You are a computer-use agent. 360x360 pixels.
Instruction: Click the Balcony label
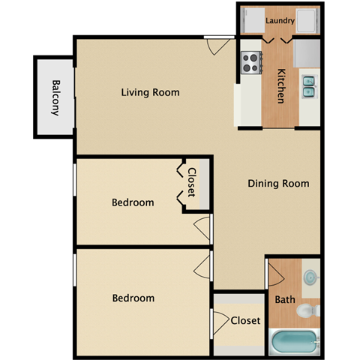click(55, 97)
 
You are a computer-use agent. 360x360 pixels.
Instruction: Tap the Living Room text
click(151, 93)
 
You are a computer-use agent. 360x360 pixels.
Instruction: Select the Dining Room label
click(278, 183)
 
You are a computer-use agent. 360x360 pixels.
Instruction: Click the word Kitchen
click(281, 86)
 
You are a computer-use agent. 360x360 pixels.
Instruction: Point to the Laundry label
click(279, 10)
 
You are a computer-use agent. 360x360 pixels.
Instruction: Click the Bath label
click(285, 300)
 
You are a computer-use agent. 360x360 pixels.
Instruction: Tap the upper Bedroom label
click(133, 202)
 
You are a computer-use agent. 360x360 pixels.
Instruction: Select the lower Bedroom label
click(133, 298)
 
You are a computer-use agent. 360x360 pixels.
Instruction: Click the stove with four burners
click(249, 62)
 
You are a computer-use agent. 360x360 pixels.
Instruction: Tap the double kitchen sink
click(309, 87)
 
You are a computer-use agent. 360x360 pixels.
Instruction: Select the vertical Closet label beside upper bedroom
click(192, 182)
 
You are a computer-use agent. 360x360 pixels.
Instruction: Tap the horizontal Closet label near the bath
click(245, 321)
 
